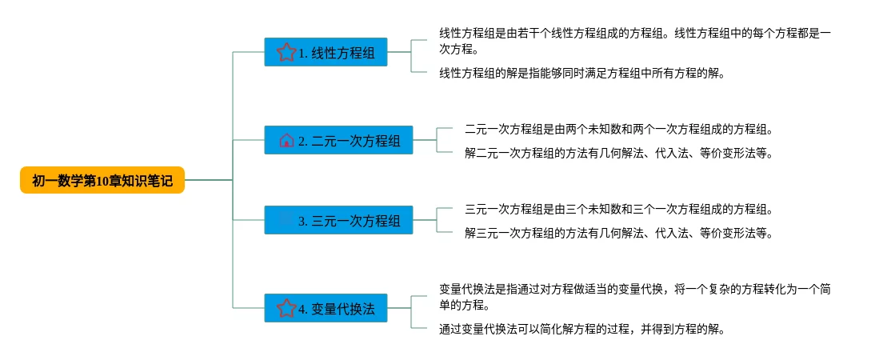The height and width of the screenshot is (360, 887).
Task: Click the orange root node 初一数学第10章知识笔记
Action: coord(102,181)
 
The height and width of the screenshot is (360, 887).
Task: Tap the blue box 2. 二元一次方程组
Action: coord(338,140)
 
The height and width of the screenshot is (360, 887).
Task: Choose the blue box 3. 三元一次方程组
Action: coord(338,220)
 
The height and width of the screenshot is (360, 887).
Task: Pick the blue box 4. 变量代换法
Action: coord(326,308)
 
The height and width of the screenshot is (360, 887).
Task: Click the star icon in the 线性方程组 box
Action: coord(286,53)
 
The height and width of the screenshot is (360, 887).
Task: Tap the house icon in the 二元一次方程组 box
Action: coord(286,141)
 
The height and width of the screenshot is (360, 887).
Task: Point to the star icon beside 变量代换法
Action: coord(286,308)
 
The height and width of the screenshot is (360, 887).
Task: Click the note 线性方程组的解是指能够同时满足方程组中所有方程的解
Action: coord(581,74)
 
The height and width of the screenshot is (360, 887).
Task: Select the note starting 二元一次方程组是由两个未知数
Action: coord(618,129)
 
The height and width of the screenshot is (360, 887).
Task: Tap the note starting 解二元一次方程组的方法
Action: coord(618,153)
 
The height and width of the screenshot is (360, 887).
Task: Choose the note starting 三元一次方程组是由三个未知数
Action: coord(618,210)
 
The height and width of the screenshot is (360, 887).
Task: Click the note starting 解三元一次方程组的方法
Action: coord(618,234)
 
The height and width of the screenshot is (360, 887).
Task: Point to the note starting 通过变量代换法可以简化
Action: coord(581,329)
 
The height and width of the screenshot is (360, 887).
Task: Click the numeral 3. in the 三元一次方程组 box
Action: coord(303,221)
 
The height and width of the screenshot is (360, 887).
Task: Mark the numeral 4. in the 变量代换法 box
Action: coord(303,309)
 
